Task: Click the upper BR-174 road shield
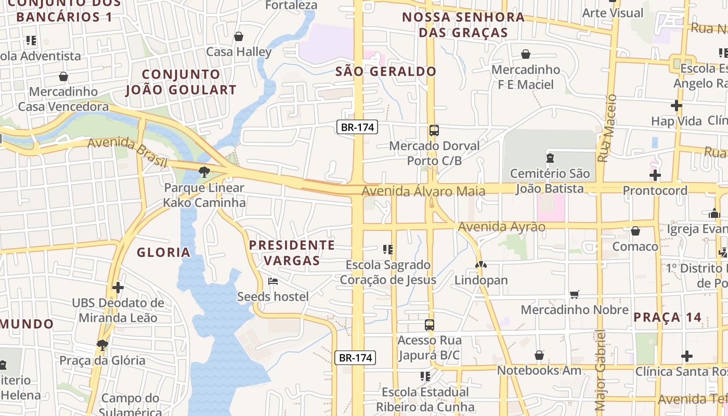coord(357,127)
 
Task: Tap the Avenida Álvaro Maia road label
coord(423,191)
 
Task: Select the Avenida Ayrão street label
coord(501,227)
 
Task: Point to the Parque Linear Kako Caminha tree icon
coord(204,172)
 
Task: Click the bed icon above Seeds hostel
coord(272,281)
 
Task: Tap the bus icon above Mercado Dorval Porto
coord(434,131)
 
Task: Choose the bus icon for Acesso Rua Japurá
coord(430,325)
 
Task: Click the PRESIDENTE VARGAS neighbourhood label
coord(292,252)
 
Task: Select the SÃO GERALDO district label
coord(385,71)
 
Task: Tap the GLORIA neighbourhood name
coord(163,253)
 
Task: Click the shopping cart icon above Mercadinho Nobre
coord(575,295)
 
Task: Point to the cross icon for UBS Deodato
coord(118,287)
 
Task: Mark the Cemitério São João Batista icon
coord(550,158)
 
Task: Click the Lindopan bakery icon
coord(481,265)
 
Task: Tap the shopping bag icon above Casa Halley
coord(239,36)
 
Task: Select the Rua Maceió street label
coord(607,128)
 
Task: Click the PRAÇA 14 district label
coord(667,317)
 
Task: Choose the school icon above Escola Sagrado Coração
coord(387,250)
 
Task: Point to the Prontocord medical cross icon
coord(655,175)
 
